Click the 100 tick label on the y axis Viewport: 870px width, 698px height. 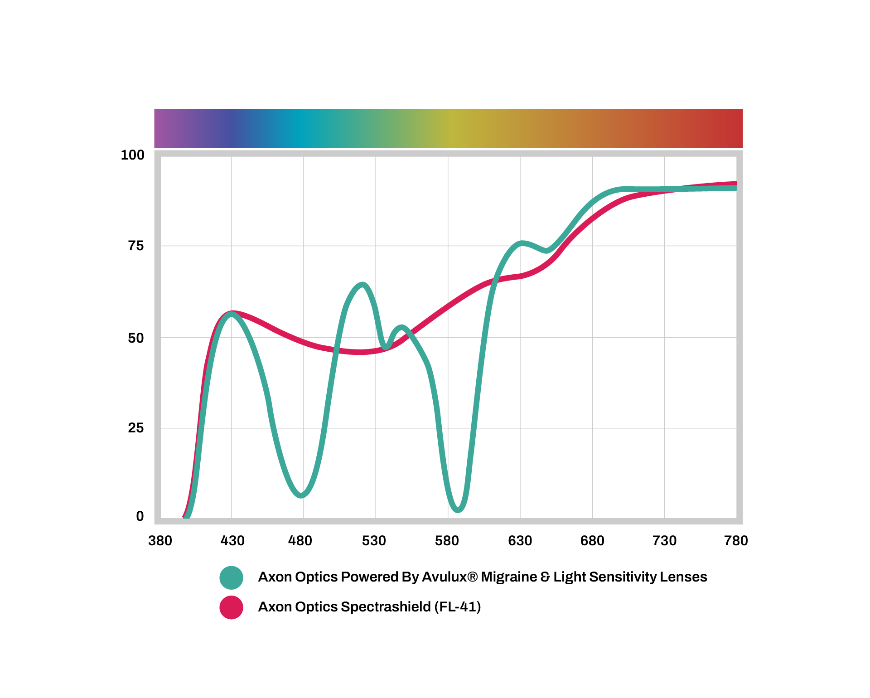click(x=132, y=155)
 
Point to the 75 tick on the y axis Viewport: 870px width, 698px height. click(x=135, y=246)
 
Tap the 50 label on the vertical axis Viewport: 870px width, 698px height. click(x=135, y=338)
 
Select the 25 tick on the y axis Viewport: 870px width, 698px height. click(x=135, y=428)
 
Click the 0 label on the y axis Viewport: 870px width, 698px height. click(x=140, y=516)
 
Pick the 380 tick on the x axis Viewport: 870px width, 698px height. click(x=160, y=541)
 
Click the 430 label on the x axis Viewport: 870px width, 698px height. click(x=232, y=541)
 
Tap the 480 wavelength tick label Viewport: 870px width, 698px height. click(x=300, y=541)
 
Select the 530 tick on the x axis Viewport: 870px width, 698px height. click(x=374, y=541)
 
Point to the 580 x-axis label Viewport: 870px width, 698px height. click(x=447, y=541)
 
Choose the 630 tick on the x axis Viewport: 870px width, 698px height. click(x=520, y=541)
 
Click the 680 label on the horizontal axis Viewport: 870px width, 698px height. click(x=592, y=541)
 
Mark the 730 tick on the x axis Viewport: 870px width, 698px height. click(x=664, y=541)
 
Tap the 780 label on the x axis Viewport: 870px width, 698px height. click(x=736, y=541)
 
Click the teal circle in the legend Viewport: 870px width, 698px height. click(x=231, y=577)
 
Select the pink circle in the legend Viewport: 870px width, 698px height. click(x=231, y=607)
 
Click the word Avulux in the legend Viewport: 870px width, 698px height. click(x=449, y=577)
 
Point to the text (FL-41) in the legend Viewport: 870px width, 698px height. click(x=457, y=607)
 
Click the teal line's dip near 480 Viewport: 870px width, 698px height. click(x=301, y=494)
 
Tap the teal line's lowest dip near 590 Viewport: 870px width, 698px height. click(x=458, y=509)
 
